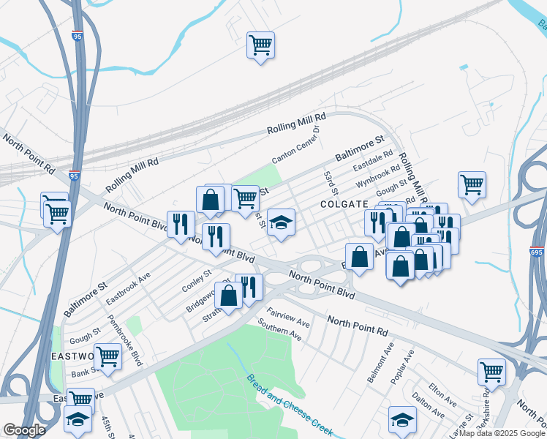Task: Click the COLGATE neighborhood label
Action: point(343,205)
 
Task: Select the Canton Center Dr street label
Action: point(296,145)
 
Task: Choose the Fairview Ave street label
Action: point(288,317)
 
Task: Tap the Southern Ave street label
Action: point(279,329)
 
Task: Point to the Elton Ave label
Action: point(443,391)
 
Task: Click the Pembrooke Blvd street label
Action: point(125,340)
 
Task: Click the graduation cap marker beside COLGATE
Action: point(280,222)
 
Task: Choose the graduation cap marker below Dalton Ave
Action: point(401,419)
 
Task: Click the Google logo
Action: point(24,430)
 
